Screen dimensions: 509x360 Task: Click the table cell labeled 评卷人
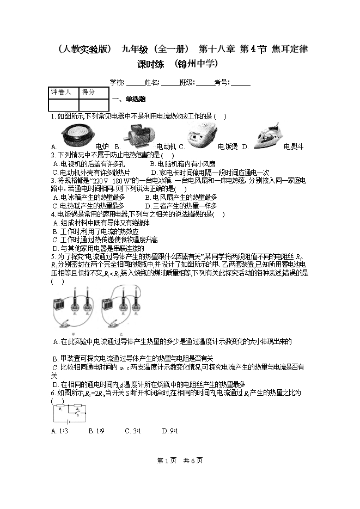click(x=60, y=93)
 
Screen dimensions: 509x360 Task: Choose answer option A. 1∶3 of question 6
click(x=59, y=431)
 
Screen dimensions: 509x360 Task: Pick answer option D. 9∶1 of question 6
click(x=170, y=431)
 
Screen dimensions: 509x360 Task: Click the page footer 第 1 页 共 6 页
click(x=180, y=461)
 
